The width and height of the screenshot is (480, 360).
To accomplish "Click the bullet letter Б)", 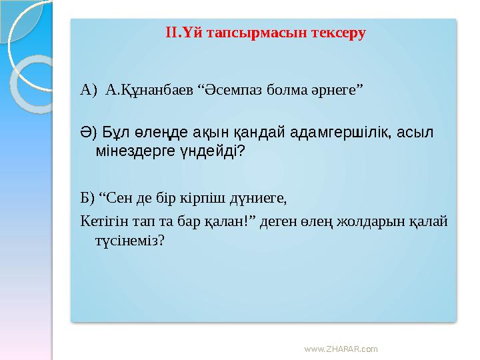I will [87, 197].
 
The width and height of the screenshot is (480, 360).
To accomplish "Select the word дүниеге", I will [258, 197].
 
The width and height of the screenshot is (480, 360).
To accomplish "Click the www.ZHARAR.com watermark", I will [340, 349].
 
